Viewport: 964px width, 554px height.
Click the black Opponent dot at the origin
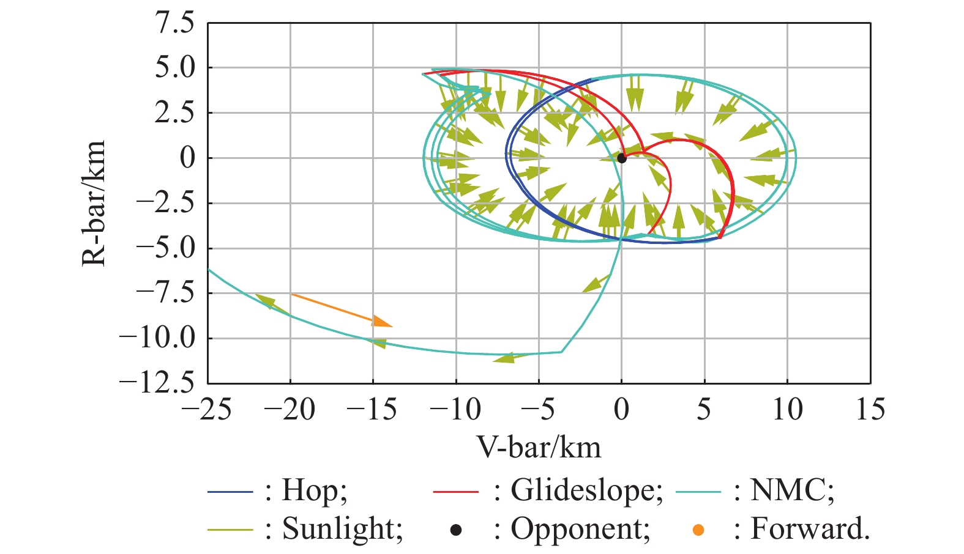(x=621, y=158)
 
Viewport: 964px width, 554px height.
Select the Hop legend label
(x=315, y=490)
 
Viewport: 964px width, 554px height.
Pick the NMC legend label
(x=792, y=490)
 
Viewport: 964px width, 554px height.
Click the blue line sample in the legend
(x=230, y=491)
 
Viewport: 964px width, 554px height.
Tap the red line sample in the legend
(x=455, y=491)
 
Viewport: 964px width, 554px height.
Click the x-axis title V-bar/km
(x=539, y=448)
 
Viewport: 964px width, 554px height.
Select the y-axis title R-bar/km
(x=94, y=203)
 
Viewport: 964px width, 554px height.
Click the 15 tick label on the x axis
(x=870, y=409)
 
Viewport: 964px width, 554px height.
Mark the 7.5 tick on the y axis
(x=174, y=24)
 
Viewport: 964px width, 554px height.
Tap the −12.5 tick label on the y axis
(x=157, y=383)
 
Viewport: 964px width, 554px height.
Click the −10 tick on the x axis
(x=455, y=409)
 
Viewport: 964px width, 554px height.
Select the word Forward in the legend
(x=809, y=528)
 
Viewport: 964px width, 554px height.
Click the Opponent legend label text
(x=580, y=528)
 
